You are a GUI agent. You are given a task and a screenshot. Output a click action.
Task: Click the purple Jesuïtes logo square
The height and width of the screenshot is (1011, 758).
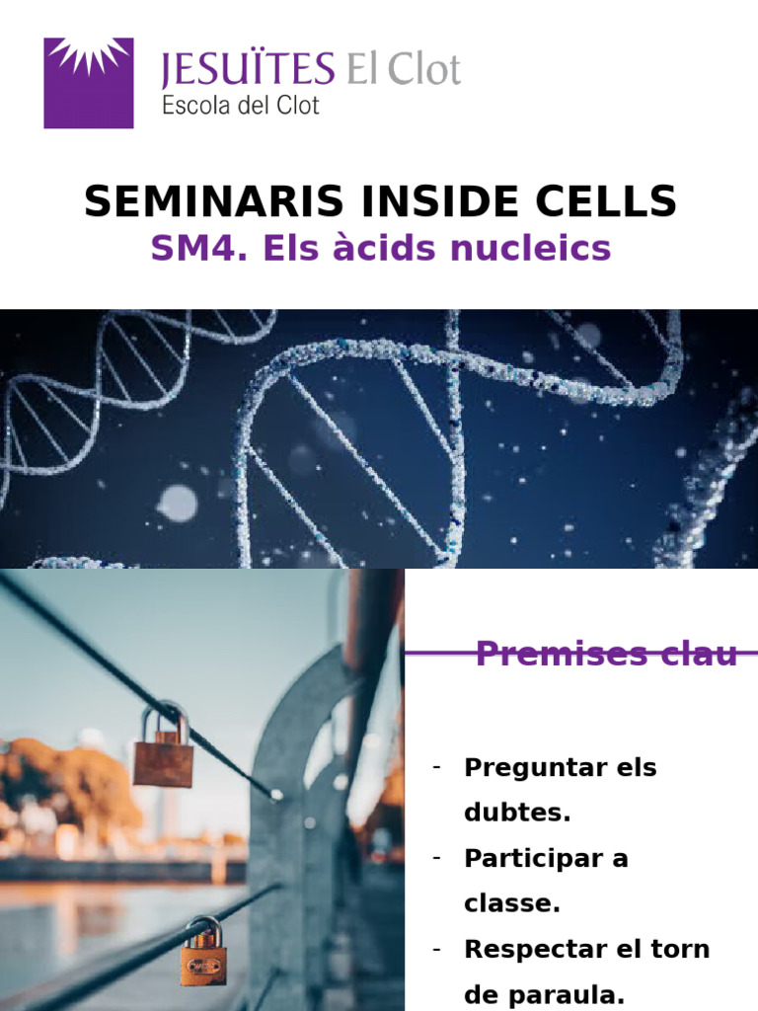pos(89,83)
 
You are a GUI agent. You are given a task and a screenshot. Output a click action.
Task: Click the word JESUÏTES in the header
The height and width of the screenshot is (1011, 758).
pos(248,70)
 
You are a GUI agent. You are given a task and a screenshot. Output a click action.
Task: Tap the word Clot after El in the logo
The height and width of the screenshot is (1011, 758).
pos(424,70)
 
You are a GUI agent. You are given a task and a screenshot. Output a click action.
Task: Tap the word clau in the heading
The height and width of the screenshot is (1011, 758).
pos(705,654)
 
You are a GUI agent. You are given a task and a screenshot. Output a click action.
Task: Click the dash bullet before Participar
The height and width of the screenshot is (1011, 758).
pos(435,858)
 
